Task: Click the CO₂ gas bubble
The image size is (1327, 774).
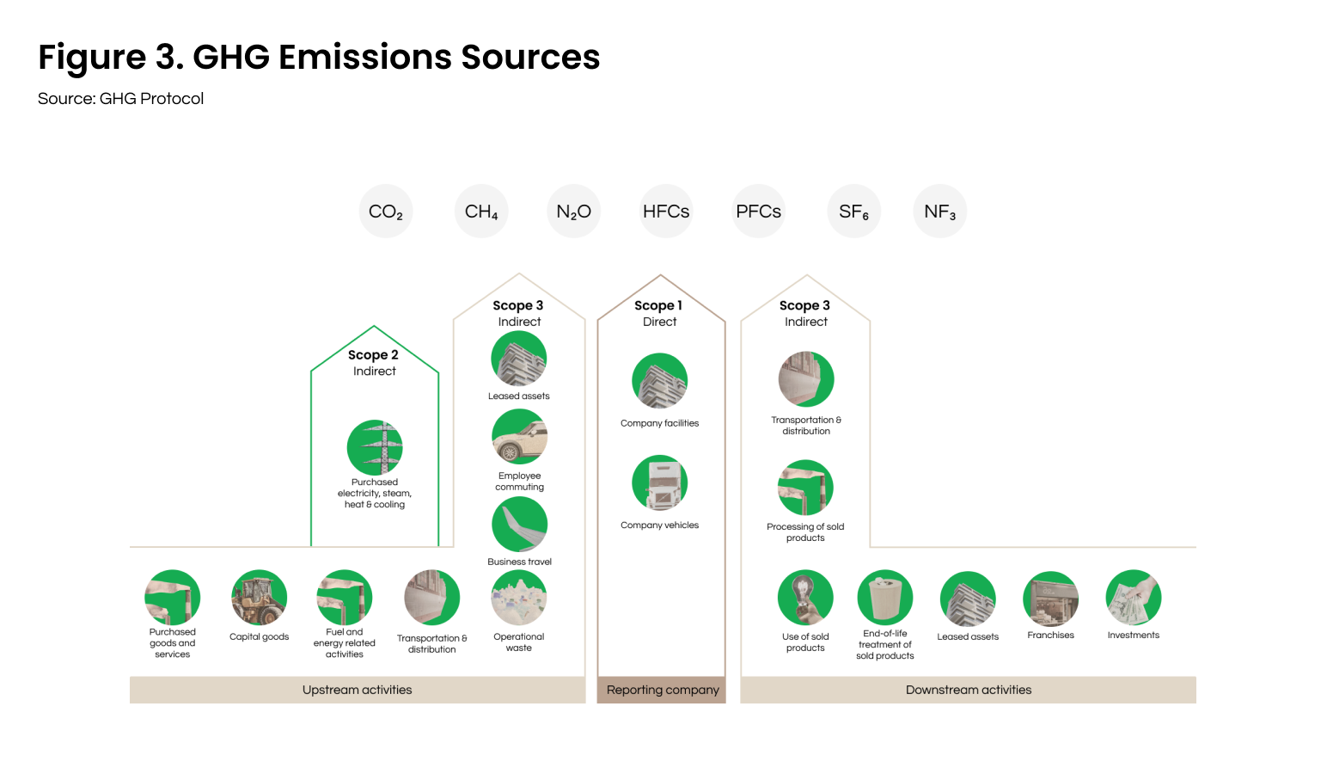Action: (386, 211)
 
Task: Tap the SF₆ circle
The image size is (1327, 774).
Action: (853, 211)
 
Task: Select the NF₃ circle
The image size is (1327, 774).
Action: (940, 211)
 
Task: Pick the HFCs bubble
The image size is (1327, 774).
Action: (666, 211)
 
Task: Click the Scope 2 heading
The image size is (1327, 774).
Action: (373, 354)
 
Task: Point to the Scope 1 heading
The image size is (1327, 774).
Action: (658, 305)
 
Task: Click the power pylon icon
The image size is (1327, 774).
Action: (375, 447)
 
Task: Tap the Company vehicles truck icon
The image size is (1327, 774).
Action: (659, 482)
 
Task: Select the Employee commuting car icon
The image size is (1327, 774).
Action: (519, 437)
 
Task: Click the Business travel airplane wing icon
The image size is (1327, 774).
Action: (519, 524)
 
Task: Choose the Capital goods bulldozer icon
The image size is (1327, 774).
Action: (259, 598)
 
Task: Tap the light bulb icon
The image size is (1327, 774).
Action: (805, 598)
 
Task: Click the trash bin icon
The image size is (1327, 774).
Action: (885, 598)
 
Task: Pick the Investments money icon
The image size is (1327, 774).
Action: (1134, 598)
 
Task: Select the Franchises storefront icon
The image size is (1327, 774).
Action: (1050, 599)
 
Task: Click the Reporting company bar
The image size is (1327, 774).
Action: (661, 690)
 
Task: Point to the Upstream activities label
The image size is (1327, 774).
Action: (358, 690)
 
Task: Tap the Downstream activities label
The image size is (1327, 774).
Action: (969, 690)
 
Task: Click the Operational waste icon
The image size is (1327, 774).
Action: (519, 598)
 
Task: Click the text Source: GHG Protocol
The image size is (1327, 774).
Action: (121, 98)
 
